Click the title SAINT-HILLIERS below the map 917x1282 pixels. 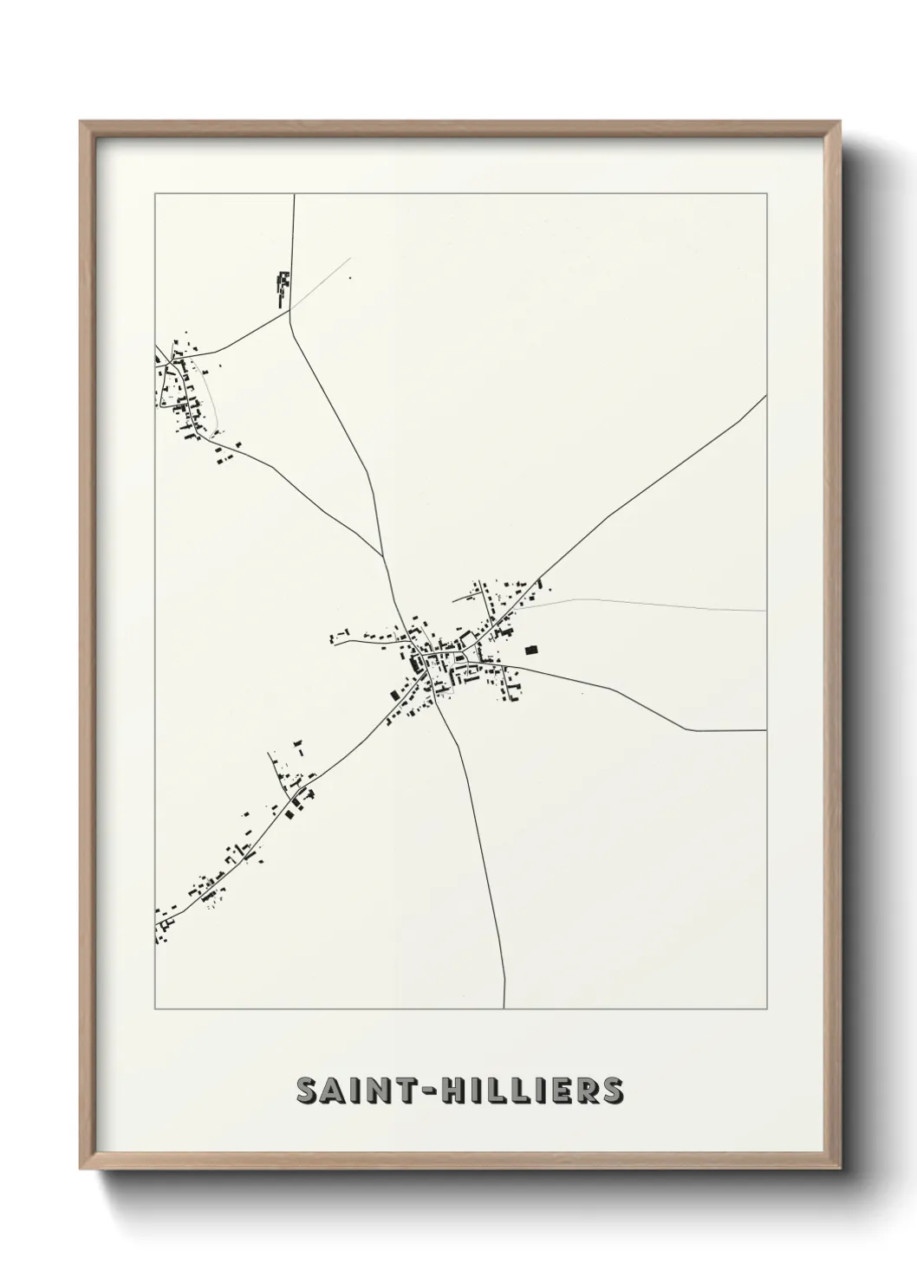pyautogui.click(x=459, y=1091)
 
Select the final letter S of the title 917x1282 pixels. pyautogui.click(x=611, y=1091)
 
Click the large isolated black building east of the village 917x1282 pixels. pyautogui.click(x=531, y=648)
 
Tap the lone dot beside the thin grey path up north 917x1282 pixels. pyautogui.click(x=350, y=278)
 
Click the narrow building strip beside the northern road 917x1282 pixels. pyautogui.click(x=281, y=289)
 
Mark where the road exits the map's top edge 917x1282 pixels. pyautogui.click(x=295, y=195)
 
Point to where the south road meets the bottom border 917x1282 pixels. pyautogui.click(x=504, y=1008)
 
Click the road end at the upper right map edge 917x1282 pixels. pyautogui.click(x=765, y=396)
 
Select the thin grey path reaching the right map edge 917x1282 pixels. pyautogui.click(x=765, y=611)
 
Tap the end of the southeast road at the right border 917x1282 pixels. pyautogui.click(x=765, y=730)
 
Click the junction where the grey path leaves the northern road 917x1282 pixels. pyautogui.click(x=290, y=310)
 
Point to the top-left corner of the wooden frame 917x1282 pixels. pyautogui.click(x=81, y=122)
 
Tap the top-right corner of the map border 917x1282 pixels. pyautogui.click(x=766, y=194)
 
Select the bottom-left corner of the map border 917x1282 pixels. pyautogui.click(x=155, y=1009)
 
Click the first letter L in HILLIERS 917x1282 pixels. pyautogui.click(x=499, y=1091)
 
